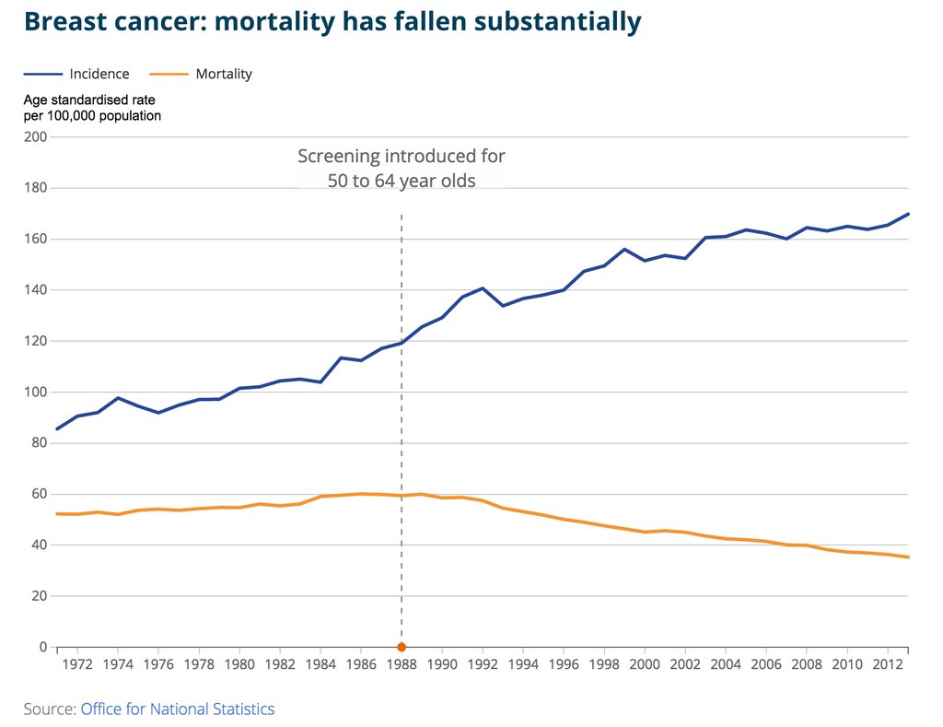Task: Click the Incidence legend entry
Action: (97, 74)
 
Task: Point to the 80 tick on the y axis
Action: (40, 443)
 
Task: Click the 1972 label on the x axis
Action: (77, 664)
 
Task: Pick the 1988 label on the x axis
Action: (402, 664)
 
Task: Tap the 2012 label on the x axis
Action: (888, 664)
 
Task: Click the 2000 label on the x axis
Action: (645, 664)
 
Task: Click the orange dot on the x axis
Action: (402, 647)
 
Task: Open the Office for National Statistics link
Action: (177, 709)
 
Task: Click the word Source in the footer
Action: (49, 709)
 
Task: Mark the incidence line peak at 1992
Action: (483, 288)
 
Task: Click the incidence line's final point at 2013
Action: (908, 214)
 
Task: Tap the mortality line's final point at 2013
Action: (908, 557)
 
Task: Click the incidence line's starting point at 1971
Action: (57, 428)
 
